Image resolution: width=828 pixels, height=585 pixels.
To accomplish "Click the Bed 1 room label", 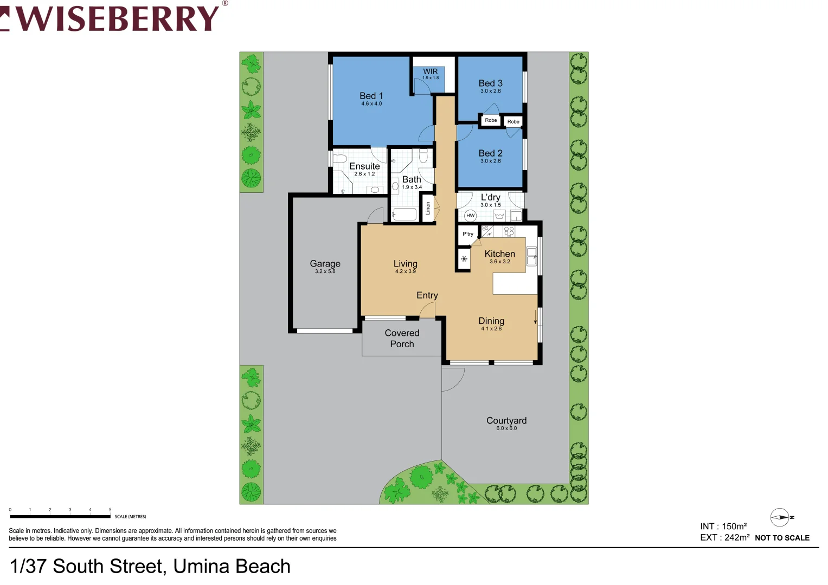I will pos(371,96).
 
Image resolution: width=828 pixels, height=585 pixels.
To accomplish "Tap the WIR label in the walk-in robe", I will pos(430,71).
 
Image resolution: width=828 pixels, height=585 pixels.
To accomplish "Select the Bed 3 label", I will pos(490,83).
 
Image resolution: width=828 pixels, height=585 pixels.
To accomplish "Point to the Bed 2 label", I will pos(490,153).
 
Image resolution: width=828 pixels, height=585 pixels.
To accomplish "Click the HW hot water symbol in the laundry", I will pos(470,216).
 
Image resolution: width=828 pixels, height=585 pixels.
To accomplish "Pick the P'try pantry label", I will pos(467,234).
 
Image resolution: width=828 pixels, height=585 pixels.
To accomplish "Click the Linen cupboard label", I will pos(428,208).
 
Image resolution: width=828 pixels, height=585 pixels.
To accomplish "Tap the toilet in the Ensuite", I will pos(339,159).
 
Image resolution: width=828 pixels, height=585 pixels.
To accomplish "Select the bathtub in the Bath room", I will pos(405,214).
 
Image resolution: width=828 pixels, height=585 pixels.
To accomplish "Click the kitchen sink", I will pos(531,256).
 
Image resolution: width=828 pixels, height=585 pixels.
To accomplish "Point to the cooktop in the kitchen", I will pos(509,231).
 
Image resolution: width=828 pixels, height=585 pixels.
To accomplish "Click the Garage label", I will pos(325,264).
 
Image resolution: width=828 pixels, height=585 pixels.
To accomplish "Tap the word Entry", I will pos(427,295).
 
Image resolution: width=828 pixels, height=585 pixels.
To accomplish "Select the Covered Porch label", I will pos(402,339).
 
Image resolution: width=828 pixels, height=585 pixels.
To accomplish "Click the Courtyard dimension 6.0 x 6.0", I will pos(506,428).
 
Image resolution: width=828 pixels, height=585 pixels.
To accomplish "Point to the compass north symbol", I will pos(780,517).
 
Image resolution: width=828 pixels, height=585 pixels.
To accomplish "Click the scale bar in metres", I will pos(60,516).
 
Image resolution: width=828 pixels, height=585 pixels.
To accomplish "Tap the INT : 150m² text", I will pos(723,526).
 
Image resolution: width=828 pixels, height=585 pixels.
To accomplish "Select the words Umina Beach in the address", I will pos(232,567).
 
